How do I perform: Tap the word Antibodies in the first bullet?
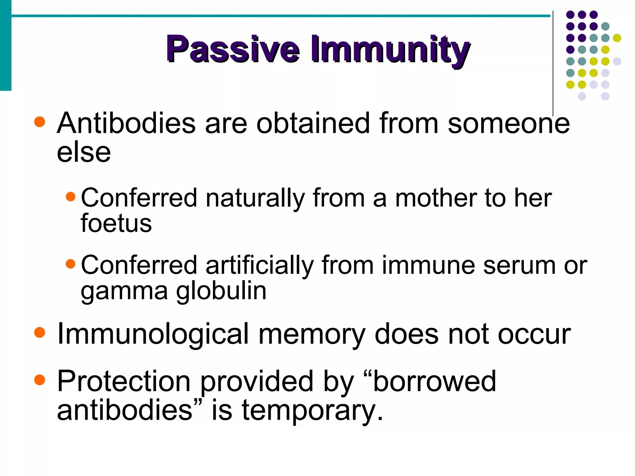126,123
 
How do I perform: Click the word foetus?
116,223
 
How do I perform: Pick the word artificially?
260,265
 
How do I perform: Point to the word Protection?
124,381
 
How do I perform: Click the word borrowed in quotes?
434,381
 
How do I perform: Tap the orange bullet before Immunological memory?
40,333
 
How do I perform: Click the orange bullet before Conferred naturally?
71,196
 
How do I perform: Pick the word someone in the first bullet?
508,123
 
